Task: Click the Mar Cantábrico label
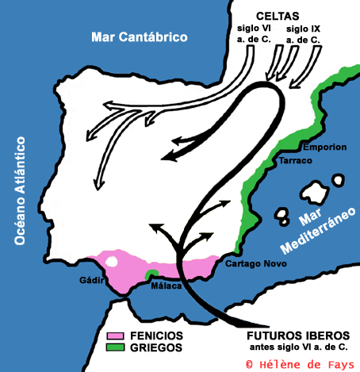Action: click(x=139, y=37)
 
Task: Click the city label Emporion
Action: click(x=324, y=148)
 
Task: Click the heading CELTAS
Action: click(x=281, y=16)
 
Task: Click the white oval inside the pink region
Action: click(x=113, y=260)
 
